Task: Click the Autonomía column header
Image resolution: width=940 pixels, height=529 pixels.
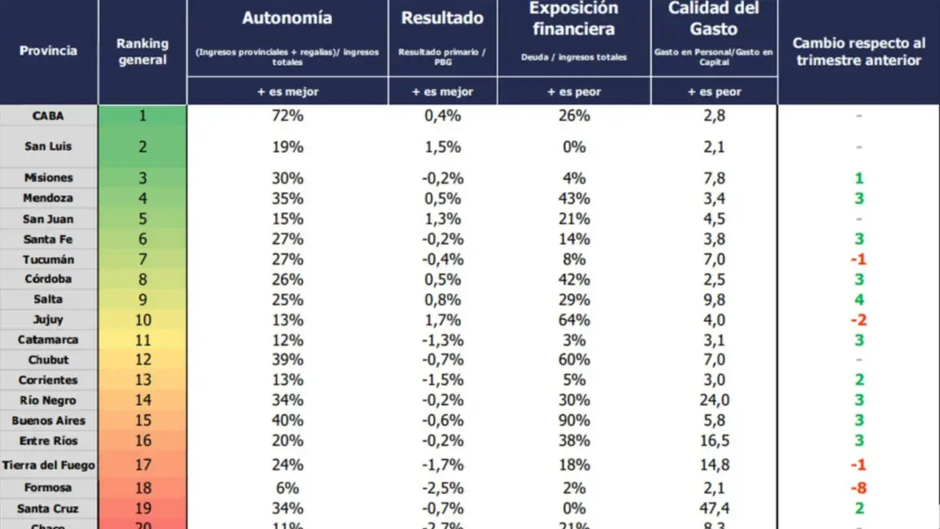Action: [x=286, y=19]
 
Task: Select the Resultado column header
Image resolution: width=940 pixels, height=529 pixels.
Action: [x=442, y=19]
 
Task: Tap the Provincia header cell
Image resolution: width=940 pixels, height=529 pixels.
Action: [x=48, y=50]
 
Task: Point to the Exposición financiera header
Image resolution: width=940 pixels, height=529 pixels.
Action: [x=574, y=19]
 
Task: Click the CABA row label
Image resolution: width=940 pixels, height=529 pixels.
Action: [x=48, y=116]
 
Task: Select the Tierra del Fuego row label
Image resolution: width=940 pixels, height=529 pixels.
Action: [x=48, y=466]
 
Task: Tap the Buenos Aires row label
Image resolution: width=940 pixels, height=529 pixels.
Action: [x=48, y=421]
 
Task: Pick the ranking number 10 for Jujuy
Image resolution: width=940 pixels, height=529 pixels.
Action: [x=142, y=320]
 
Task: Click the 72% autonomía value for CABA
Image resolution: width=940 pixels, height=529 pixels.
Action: [x=286, y=116]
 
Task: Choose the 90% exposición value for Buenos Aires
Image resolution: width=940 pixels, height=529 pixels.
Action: [x=574, y=421]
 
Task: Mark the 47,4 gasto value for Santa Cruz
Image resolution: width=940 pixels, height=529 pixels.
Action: [x=714, y=509]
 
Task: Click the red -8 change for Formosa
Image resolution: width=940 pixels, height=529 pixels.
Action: [x=859, y=488]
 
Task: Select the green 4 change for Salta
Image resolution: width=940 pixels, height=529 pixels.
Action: [x=859, y=299]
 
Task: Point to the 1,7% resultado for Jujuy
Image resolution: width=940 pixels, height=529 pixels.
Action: [x=442, y=320]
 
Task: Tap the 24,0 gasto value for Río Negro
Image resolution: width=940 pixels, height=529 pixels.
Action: [x=714, y=400]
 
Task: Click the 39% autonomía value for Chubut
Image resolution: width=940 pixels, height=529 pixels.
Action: [x=286, y=360]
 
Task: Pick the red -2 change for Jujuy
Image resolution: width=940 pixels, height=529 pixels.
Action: [x=859, y=320]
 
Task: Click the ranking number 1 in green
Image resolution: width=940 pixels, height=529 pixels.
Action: [x=142, y=116]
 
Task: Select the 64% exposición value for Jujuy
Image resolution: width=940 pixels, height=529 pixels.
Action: [x=574, y=320]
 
